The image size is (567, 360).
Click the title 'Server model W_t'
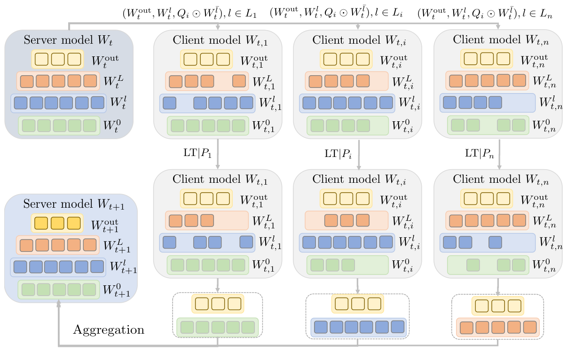point(69,40)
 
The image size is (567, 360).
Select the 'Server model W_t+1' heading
point(71,204)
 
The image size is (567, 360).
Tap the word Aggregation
point(109,330)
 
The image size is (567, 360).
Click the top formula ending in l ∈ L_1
point(189,14)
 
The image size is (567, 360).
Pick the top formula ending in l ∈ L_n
point(485,14)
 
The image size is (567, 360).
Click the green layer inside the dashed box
point(218,327)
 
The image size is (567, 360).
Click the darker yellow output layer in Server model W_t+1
point(57,223)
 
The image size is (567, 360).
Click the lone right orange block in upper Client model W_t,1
point(239,81)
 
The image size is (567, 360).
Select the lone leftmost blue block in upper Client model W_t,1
point(169,103)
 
